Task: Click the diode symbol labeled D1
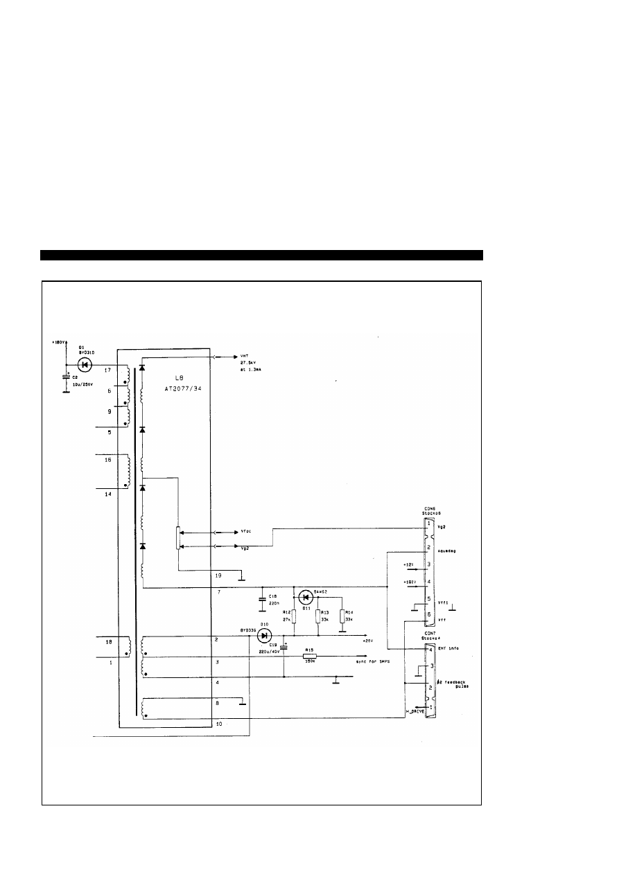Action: coord(86,364)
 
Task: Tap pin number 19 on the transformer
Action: coord(219,575)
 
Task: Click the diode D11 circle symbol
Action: coord(306,596)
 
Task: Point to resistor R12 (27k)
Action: coord(294,616)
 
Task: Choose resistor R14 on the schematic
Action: coord(342,616)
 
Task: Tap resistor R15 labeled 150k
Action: coord(310,656)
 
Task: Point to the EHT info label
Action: coord(448,649)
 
